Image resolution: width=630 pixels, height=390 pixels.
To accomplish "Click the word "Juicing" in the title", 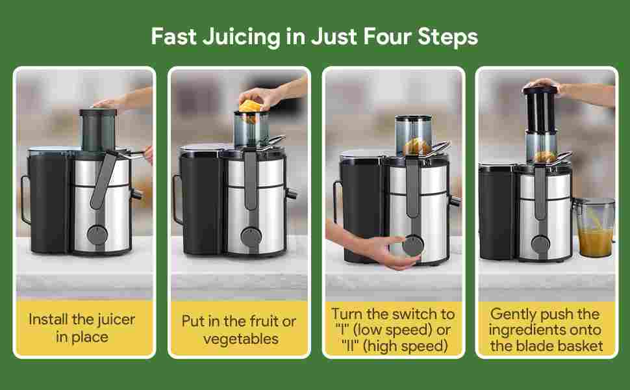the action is pos(242,38).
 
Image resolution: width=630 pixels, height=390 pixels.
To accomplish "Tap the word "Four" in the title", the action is pos(388,36).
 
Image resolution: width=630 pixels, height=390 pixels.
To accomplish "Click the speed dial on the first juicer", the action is pos(97,235).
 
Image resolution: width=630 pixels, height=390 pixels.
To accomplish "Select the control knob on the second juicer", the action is pos(251,237).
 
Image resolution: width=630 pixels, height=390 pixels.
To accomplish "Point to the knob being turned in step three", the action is pos(413,245).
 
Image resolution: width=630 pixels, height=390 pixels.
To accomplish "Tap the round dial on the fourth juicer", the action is pos(541,244).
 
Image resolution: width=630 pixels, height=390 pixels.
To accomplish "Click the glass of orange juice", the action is pos(595,227).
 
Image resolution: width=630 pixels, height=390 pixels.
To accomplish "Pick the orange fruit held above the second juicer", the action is pos(249,107).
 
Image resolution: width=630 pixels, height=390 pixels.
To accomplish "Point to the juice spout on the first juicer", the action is pos(136,194).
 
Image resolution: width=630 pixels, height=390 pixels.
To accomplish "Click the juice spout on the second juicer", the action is pos(291,194).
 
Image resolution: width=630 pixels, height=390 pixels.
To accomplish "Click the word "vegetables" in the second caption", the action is pos(241,339).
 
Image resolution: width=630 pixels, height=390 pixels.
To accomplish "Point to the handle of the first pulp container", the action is pos(25,200).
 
